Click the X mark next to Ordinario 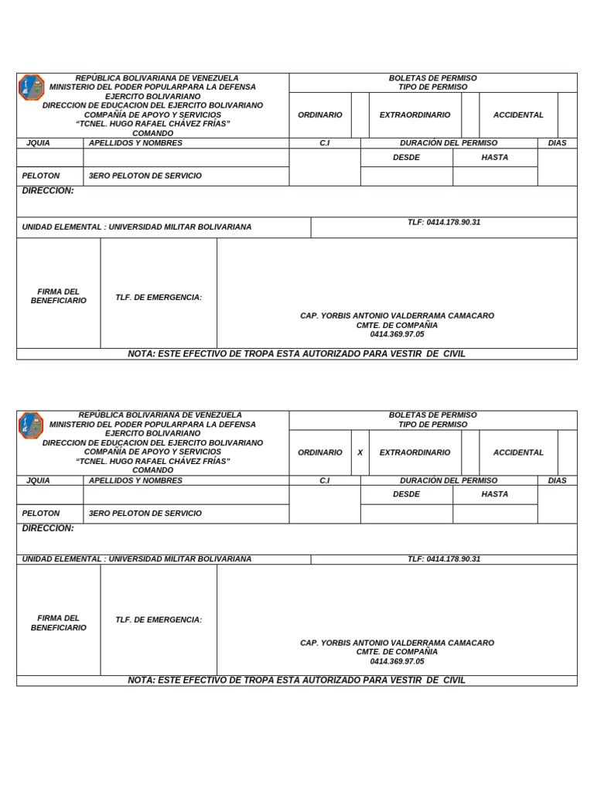tap(360, 452)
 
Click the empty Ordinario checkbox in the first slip tap(360, 115)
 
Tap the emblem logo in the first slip tap(31, 87)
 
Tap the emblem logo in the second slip tap(31, 425)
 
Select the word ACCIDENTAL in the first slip tap(518, 115)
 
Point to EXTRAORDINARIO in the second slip tap(415, 452)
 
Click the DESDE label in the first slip tap(406, 157)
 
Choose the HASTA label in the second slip tap(495, 494)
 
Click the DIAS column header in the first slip tap(557, 143)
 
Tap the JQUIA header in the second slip tap(38, 480)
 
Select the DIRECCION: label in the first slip tap(48, 190)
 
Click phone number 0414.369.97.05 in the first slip tap(397, 334)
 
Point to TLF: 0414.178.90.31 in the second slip tap(444, 559)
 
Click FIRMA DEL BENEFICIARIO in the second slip tap(59, 623)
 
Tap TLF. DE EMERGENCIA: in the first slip tap(159, 297)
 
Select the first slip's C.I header tap(325, 143)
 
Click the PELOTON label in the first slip tap(40, 176)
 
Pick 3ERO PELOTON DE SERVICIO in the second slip tap(145, 514)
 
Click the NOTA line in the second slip tap(296, 681)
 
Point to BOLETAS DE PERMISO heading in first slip tap(432, 78)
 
